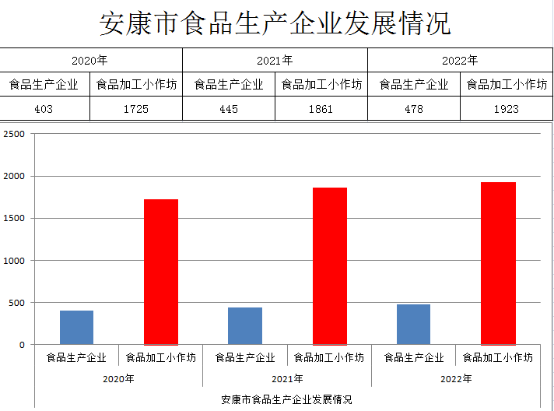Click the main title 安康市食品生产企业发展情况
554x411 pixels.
coord(275,23)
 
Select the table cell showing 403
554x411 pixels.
coord(44,109)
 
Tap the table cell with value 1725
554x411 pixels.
coord(136,109)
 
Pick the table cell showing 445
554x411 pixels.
coord(229,109)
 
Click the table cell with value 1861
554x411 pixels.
coord(321,109)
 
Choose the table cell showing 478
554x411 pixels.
coord(414,109)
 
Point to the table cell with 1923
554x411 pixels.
coord(506,109)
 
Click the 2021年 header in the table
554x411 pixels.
coord(275,60)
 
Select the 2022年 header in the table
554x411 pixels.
coord(460,60)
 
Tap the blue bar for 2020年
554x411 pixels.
coord(76,327)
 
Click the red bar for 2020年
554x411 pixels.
coord(161,272)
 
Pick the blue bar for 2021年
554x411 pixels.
coord(245,325)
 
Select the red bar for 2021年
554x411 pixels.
coord(330,265)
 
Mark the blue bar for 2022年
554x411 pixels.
coord(413,324)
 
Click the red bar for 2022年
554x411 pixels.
coord(498,263)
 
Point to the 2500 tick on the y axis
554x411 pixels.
coord(15,134)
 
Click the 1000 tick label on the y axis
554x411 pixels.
coord(15,261)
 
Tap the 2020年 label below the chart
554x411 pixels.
coord(118,379)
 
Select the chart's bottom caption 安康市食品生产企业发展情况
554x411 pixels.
coord(286,399)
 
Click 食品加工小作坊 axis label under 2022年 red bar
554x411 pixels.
coord(498,358)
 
